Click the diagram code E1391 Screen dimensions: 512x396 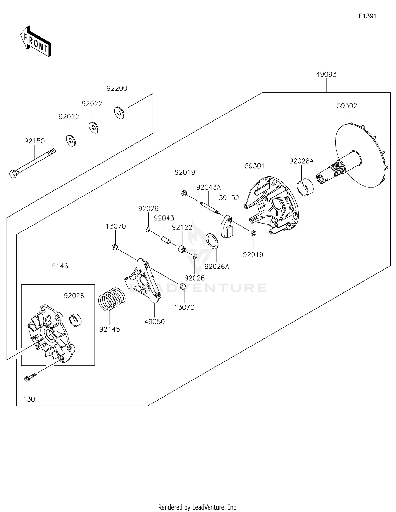367,16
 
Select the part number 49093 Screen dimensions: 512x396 326,75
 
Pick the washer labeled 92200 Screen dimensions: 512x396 119,113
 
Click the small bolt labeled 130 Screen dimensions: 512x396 31,377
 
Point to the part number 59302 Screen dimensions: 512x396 347,106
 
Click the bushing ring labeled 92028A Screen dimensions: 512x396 305,187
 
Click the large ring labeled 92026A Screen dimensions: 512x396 212,241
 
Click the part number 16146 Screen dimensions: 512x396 58,266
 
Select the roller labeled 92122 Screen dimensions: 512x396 182,249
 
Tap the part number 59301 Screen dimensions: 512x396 254,166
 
